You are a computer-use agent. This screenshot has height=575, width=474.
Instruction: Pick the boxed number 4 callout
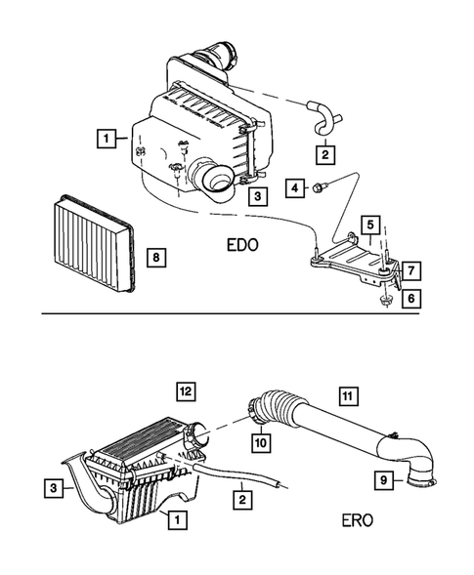[294, 186]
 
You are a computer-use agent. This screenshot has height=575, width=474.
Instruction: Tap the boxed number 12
[186, 391]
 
